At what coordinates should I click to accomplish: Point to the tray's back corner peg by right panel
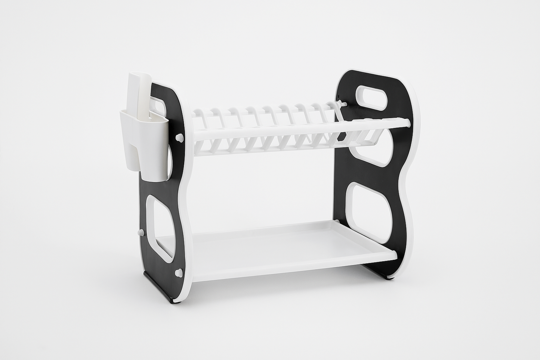pyautogui.click(x=338, y=222)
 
